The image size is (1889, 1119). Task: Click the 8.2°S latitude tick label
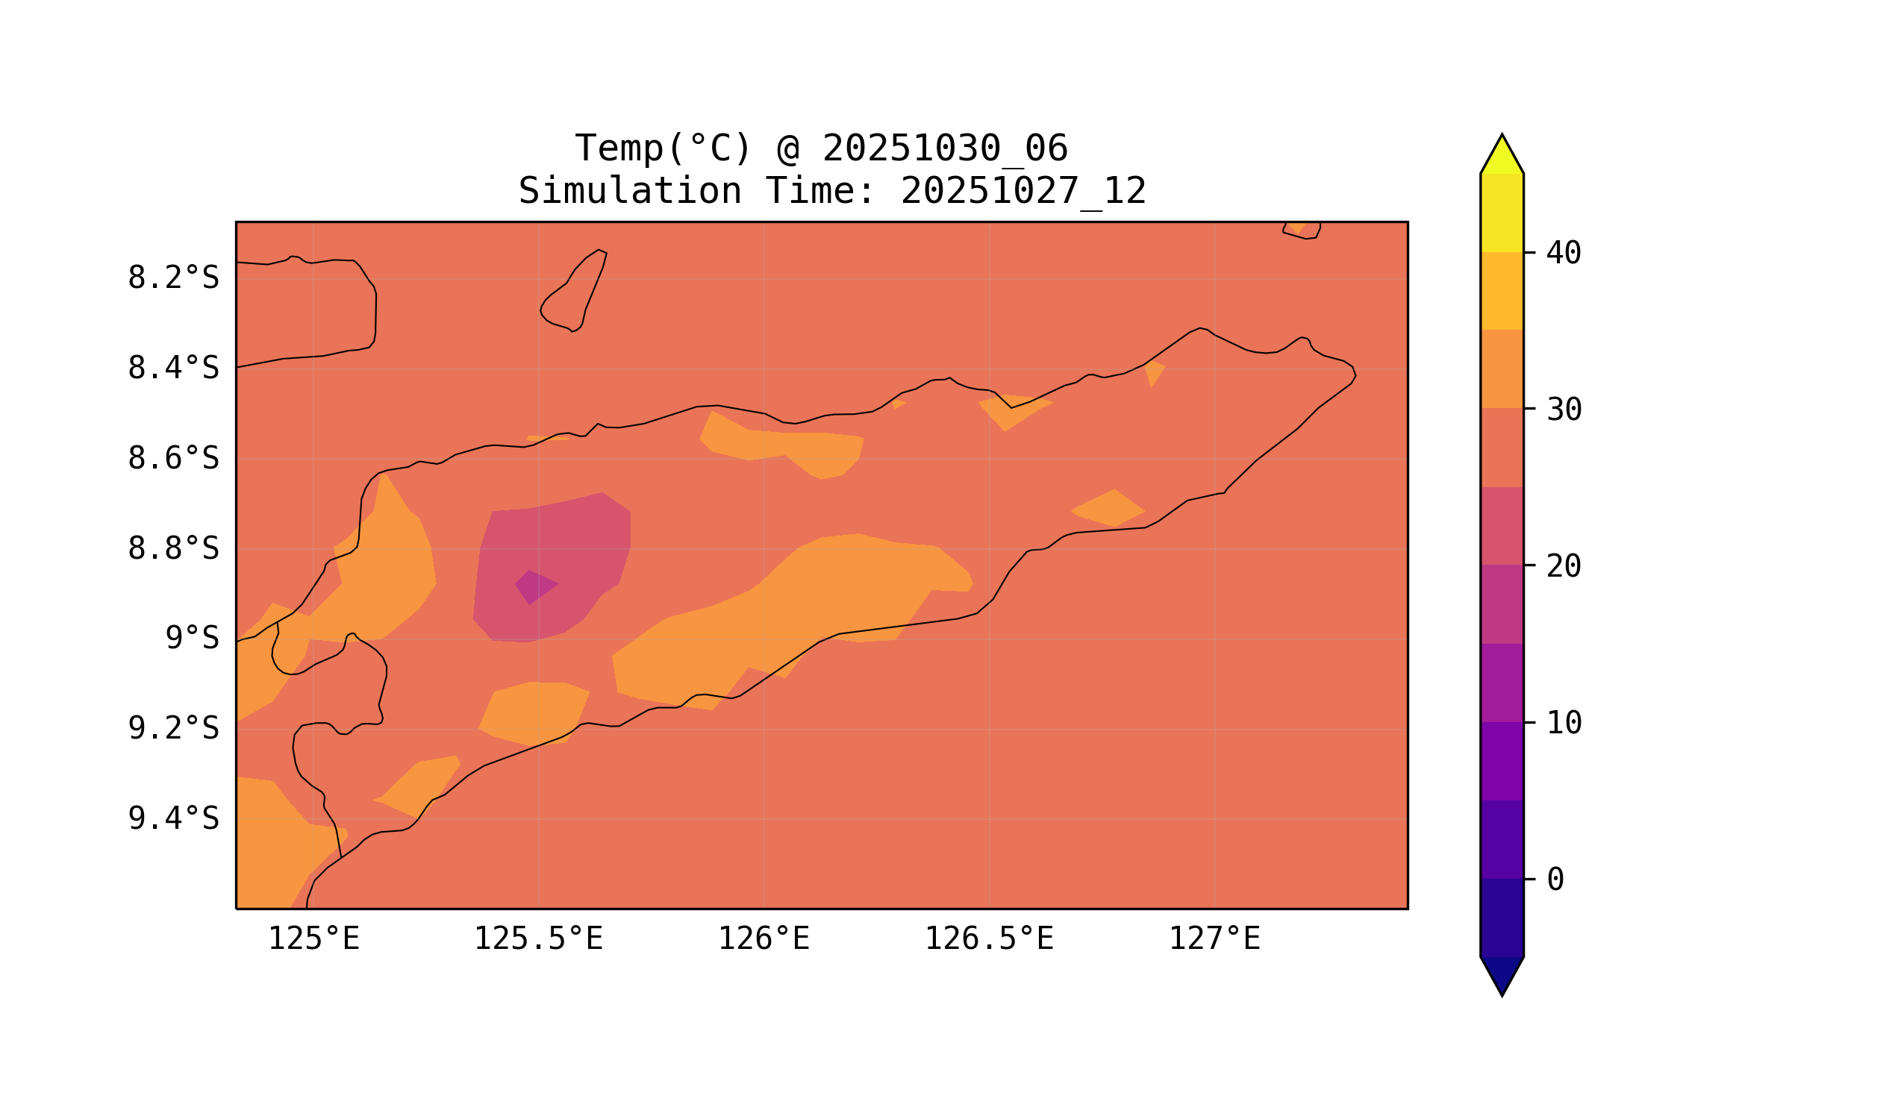pyautogui.click(x=172, y=278)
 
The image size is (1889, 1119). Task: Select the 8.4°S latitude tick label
pyautogui.click(x=172, y=369)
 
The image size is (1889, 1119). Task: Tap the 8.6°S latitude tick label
pyautogui.click(x=172, y=459)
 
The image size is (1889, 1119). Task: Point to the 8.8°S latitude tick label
pyautogui.click(x=172, y=549)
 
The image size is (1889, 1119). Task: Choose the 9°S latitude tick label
pyautogui.click(x=192, y=639)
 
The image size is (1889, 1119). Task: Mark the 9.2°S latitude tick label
pyautogui.click(x=172, y=729)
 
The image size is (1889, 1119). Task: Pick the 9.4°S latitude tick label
pyautogui.click(x=172, y=819)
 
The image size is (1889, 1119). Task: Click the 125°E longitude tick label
pyautogui.click(x=313, y=939)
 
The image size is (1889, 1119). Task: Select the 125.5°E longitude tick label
pyautogui.click(x=538, y=939)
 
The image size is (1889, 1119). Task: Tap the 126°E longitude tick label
pyautogui.click(x=764, y=939)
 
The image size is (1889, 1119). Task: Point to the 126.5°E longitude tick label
pyautogui.click(x=989, y=939)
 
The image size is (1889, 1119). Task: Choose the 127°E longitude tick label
pyautogui.click(x=1214, y=939)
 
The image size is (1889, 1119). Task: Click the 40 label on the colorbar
pyautogui.click(x=1564, y=254)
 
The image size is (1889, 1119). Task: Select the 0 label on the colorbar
pyautogui.click(x=1555, y=880)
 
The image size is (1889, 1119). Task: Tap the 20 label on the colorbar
pyautogui.click(x=1564, y=566)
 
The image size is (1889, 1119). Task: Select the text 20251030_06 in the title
pyautogui.click(x=945, y=148)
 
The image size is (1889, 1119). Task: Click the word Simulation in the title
pyautogui.click(x=630, y=192)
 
